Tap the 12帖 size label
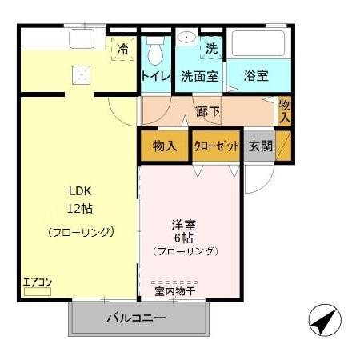tap(79, 209)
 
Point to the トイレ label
tap(155, 77)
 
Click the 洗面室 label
tap(199, 77)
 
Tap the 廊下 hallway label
tap(208, 110)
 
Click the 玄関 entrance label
tap(260, 146)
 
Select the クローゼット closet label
tap(216, 146)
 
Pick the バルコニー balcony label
tap(137, 318)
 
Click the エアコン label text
tap(37, 282)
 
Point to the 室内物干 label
tap(175, 292)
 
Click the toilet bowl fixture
tap(155, 50)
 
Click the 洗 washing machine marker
tap(211, 48)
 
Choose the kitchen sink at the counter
tap(81, 38)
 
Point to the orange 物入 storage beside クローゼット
tap(164, 146)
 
